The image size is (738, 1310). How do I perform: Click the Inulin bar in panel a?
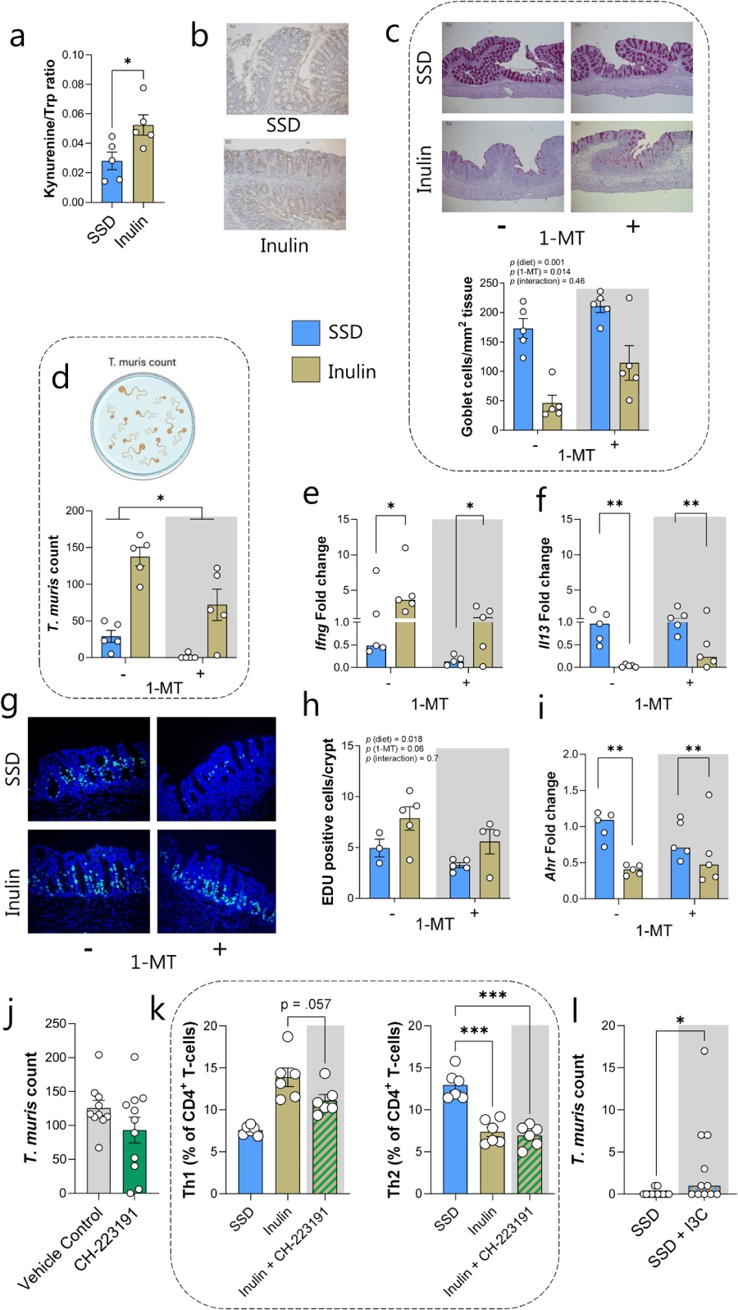[143, 164]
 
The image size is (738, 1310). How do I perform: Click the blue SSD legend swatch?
[305, 332]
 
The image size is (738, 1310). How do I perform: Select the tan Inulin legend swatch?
[305, 371]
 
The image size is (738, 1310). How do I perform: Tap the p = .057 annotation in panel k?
[306, 1004]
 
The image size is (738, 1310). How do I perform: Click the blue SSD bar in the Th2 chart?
[455, 1139]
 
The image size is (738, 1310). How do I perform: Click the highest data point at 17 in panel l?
[704, 1050]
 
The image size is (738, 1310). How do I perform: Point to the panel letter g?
[11, 703]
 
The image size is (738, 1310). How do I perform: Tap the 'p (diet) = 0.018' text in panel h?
[394, 739]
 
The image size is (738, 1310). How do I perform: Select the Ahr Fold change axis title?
[551, 826]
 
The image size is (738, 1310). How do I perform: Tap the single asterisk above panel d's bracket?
[161, 498]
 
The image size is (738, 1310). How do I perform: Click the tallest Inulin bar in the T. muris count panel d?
[140, 607]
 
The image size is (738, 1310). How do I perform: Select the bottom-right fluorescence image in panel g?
[216, 881]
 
